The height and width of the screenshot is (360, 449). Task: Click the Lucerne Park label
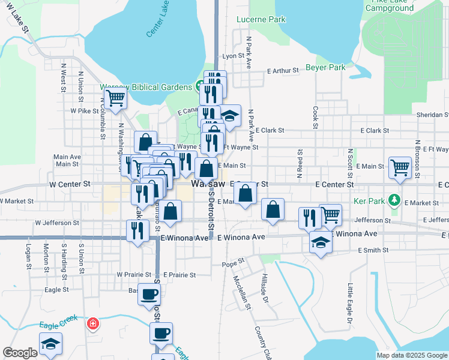268,20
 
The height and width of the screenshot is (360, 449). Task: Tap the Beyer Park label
325,67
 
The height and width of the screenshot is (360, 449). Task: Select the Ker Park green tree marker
394,199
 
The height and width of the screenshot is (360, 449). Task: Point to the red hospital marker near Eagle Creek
92,325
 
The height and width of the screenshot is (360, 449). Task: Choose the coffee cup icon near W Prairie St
149,295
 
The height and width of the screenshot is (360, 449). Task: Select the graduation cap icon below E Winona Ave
321,243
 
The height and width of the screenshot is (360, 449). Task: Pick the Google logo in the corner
20,353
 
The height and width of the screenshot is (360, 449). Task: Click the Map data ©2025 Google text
412,355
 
